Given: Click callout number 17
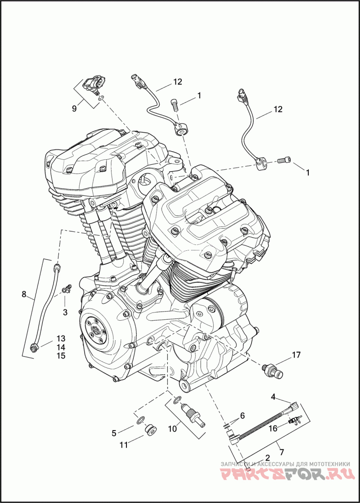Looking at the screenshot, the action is (296, 355).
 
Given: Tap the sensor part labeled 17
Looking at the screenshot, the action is (272, 370).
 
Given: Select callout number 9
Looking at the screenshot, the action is (74, 109).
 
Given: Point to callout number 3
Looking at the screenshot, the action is (65, 312).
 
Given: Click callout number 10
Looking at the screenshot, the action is (172, 428).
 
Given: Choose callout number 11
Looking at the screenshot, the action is (124, 444).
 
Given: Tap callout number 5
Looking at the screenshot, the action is (114, 433).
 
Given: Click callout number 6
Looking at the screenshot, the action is (242, 416).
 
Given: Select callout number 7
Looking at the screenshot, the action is (282, 453).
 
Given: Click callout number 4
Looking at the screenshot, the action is (273, 396).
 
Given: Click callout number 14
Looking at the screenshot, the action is (61, 347).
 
